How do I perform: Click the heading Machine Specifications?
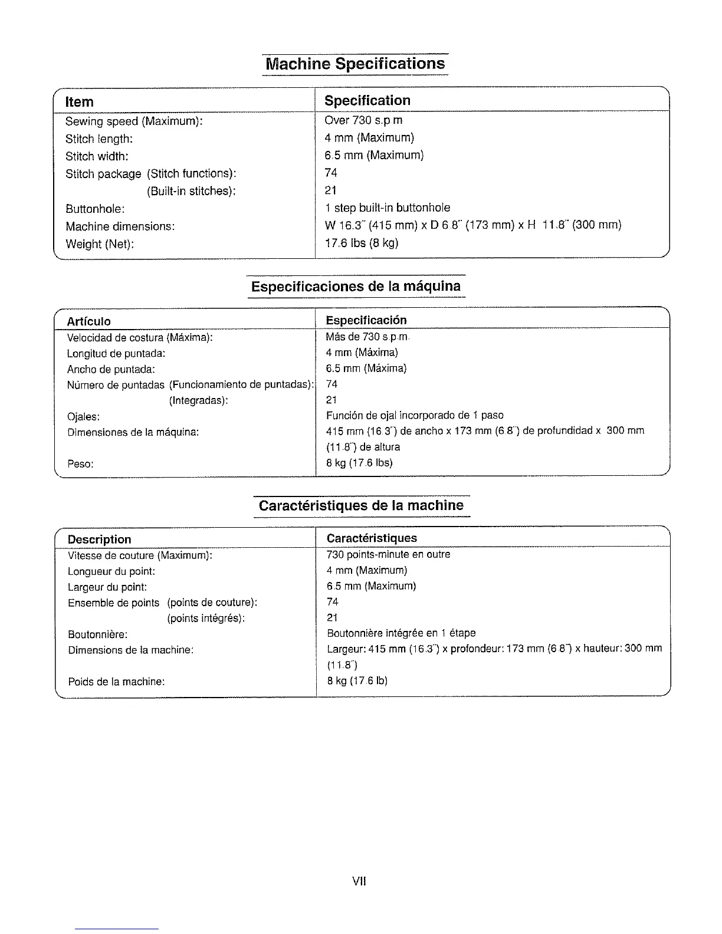pyautogui.click(x=355, y=64)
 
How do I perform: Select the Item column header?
pyautogui.click(x=79, y=101)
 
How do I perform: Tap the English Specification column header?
pyautogui.click(x=367, y=100)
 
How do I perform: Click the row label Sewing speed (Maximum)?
pyautogui.click(x=134, y=121)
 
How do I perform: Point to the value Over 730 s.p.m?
pyautogui.click(x=363, y=120)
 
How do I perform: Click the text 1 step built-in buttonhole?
pyautogui.click(x=387, y=208)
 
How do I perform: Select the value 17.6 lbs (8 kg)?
pyautogui.click(x=362, y=243)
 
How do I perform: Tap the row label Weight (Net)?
pyautogui.click(x=100, y=244)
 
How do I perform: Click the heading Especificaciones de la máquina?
pyautogui.click(x=356, y=287)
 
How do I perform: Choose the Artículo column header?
pyautogui.click(x=89, y=321)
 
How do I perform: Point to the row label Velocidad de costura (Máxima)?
pyautogui.click(x=140, y=338)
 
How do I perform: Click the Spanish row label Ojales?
pyautogui.click(x=83, y=417)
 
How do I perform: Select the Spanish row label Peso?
pyautogui.click(x=80, y=463)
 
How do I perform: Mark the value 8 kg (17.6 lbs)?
pyautogui.click(x=359, y=463)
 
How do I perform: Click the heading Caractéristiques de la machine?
pyautogui.click(x=361, y=506)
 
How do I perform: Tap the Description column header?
pyautogui.click(x=99, y=540)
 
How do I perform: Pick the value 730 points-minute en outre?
pyautogui.click(x=388, y=554)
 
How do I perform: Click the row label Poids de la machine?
pyautogui.click(x=116, y=682)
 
